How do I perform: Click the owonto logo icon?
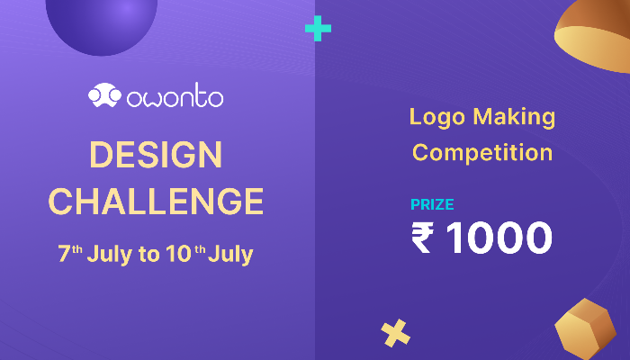point(104,94)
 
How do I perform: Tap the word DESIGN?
point(156,155)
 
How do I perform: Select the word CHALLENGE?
point(156,201)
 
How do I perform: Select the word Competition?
point(482,152)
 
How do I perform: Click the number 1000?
point(498,238)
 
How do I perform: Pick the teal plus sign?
point(318,29)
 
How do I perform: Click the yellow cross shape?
point(394,334)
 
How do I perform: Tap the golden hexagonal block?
point(585,327)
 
